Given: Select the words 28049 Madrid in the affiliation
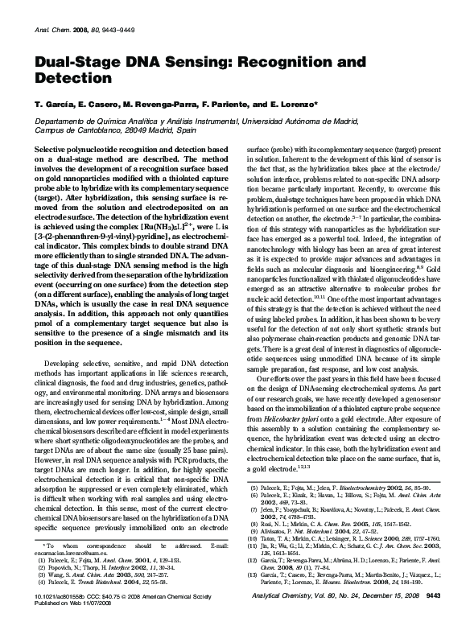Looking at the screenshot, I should (144, 130).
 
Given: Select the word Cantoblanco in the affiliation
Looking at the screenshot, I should (85, 130).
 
